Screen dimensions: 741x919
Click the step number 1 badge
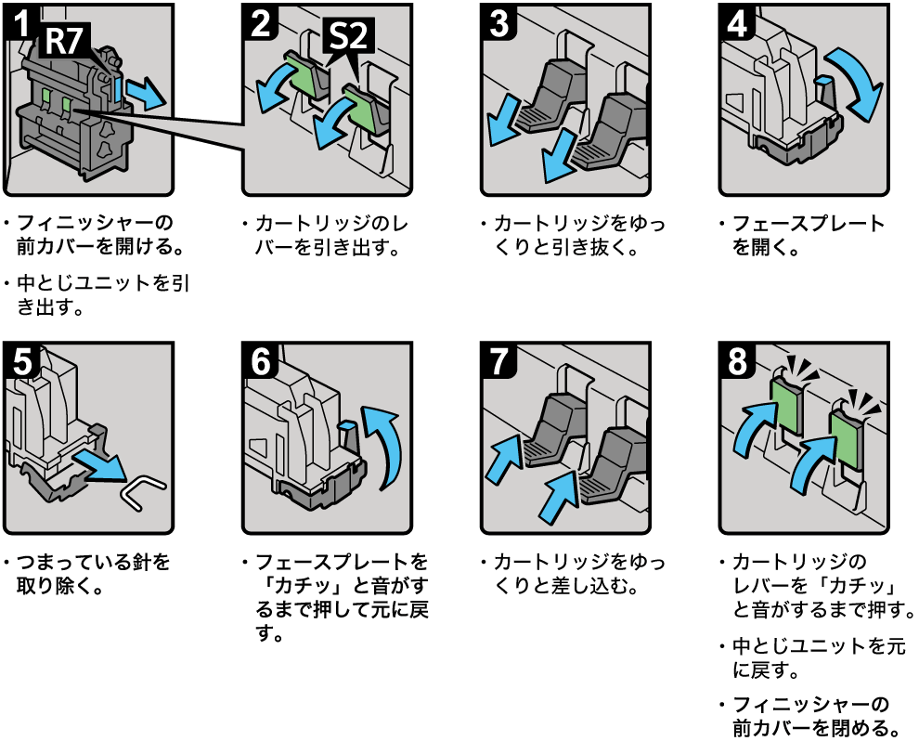tap(20, 20)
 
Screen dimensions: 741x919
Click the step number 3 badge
tap(499, 21)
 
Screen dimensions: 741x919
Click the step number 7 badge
tap(499, 360)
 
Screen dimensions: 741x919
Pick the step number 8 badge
tap(738, 360)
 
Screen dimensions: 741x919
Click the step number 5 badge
tap(20, 360)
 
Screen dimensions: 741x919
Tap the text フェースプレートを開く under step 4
tap(807, 236)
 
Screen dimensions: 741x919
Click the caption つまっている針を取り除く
tap(92, 574)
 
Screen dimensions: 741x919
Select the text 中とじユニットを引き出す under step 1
tap(101, 294)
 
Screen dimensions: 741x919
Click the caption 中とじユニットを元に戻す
tap(818, 657)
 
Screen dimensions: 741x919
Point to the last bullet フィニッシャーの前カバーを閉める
tap(817, 714)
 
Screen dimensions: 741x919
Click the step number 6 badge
tap(261, 360)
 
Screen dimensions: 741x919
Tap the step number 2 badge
tap(261, 21)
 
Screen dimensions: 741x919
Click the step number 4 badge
tap(738, 21)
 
